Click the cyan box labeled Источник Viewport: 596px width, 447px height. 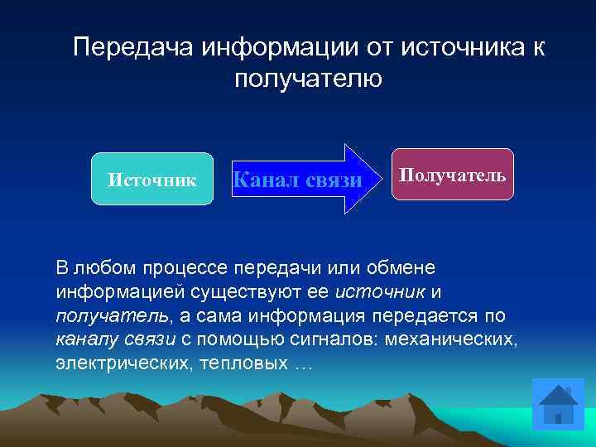point(151,179)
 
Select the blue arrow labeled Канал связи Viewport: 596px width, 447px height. point(298,179)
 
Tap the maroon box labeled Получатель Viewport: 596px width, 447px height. point(453,175)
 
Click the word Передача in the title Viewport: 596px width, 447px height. point(132,47)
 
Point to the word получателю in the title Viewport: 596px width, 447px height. point(308,79)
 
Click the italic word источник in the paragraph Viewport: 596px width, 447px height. point(381,293)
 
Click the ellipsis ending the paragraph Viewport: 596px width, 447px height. point(304,364)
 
